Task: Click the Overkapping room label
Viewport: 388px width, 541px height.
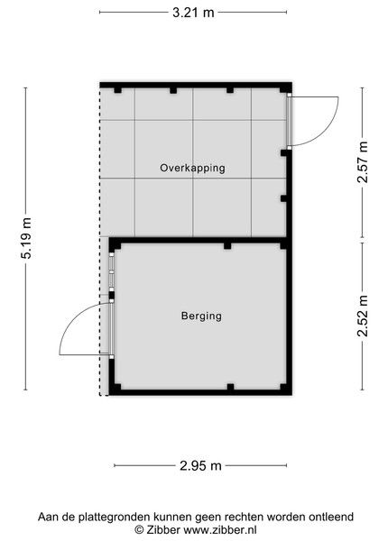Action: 192,168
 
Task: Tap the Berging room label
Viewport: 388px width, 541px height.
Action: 201,316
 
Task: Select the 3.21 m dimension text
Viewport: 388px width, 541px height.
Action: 193,13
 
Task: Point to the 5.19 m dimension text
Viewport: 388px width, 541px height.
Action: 26,238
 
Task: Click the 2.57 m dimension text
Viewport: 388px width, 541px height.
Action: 363,162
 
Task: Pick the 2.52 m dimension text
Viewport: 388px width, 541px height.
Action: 363,316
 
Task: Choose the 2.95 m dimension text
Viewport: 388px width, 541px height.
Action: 200,466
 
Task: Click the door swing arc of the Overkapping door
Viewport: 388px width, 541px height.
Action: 327,133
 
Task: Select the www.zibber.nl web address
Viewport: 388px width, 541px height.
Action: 219,529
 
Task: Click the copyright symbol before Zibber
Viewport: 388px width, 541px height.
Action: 139,529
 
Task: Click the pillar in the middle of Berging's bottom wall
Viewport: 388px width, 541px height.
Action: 230,387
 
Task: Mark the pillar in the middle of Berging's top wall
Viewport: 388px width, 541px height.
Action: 227,245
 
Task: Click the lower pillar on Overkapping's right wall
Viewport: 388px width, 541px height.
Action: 283,198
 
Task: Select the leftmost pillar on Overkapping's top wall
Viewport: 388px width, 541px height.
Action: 117,90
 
